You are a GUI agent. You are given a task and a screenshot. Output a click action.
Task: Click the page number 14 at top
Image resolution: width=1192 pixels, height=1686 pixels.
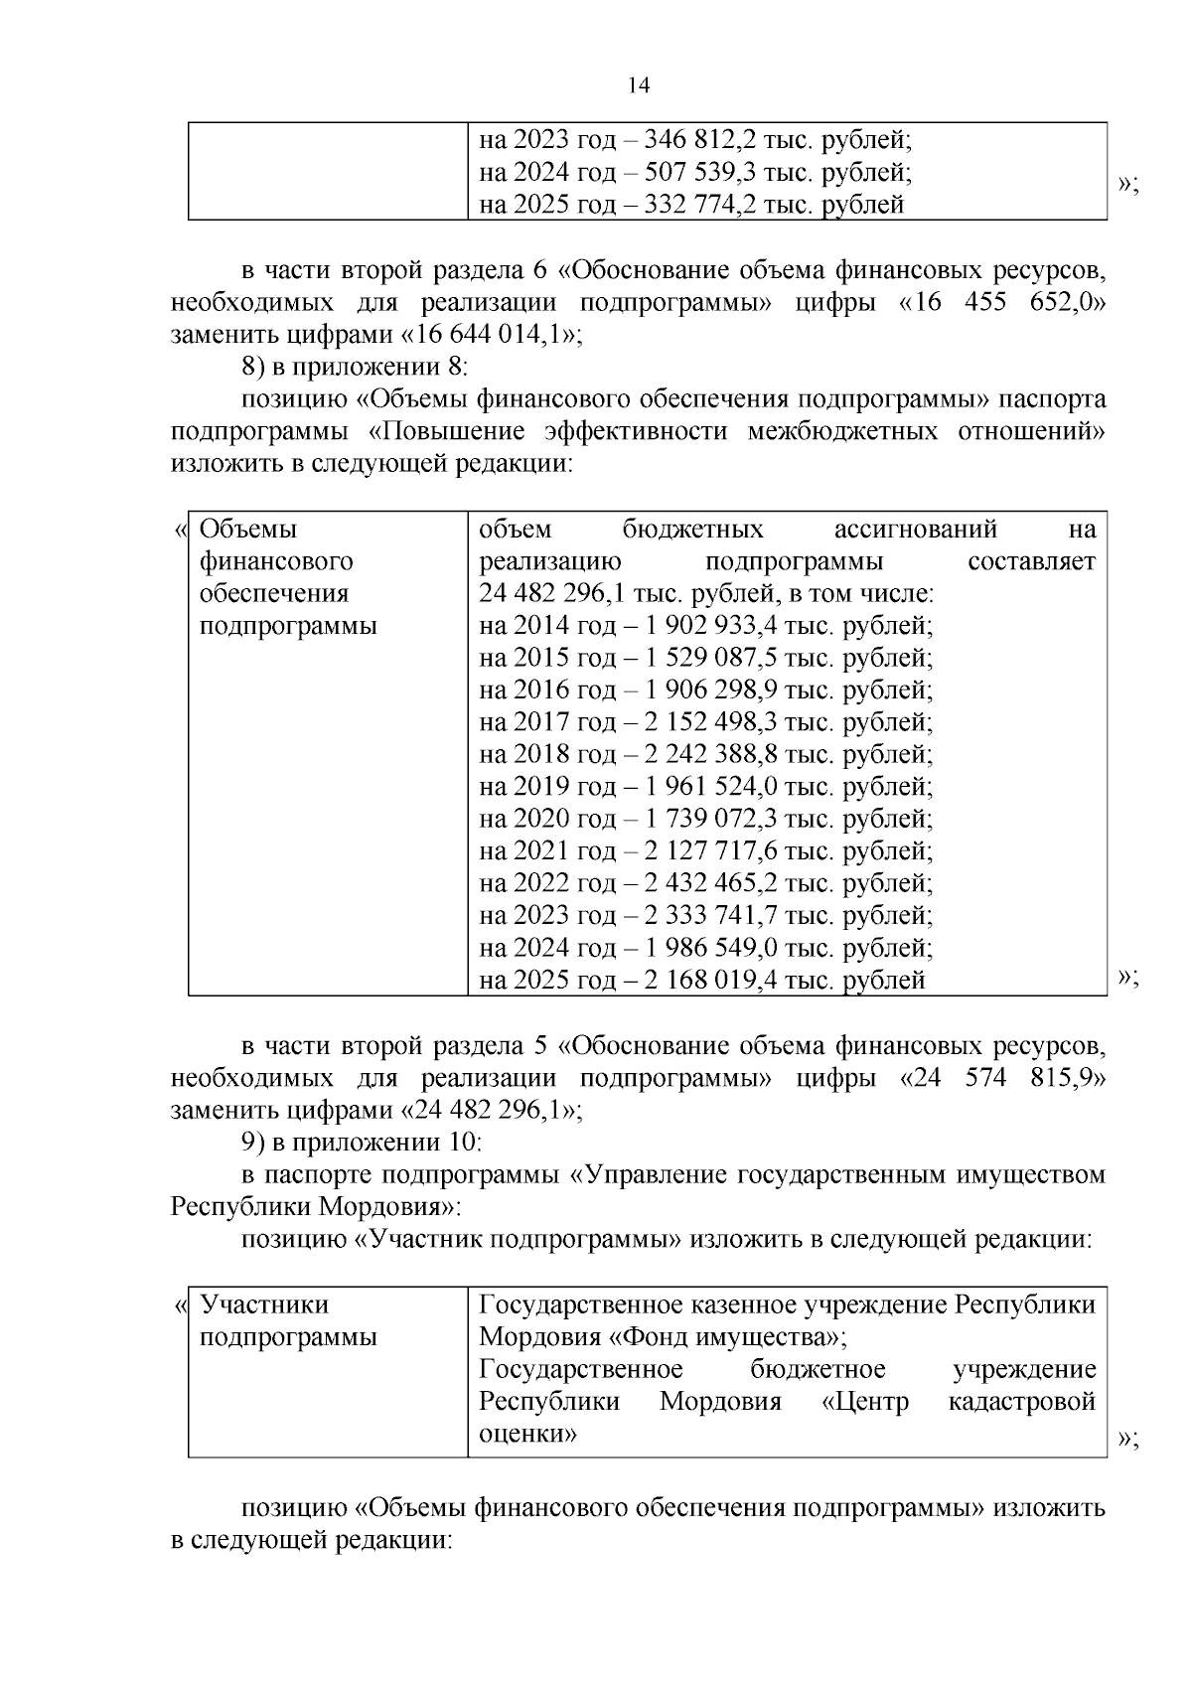click(639, 86)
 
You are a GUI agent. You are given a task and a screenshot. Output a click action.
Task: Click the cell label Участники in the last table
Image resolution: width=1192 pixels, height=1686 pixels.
click(264, 1304)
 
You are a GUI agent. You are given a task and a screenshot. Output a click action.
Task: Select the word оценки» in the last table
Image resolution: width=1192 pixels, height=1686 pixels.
click(528, 1434)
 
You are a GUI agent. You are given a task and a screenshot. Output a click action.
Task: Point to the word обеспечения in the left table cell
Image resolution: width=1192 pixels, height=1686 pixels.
click(274, 594)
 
